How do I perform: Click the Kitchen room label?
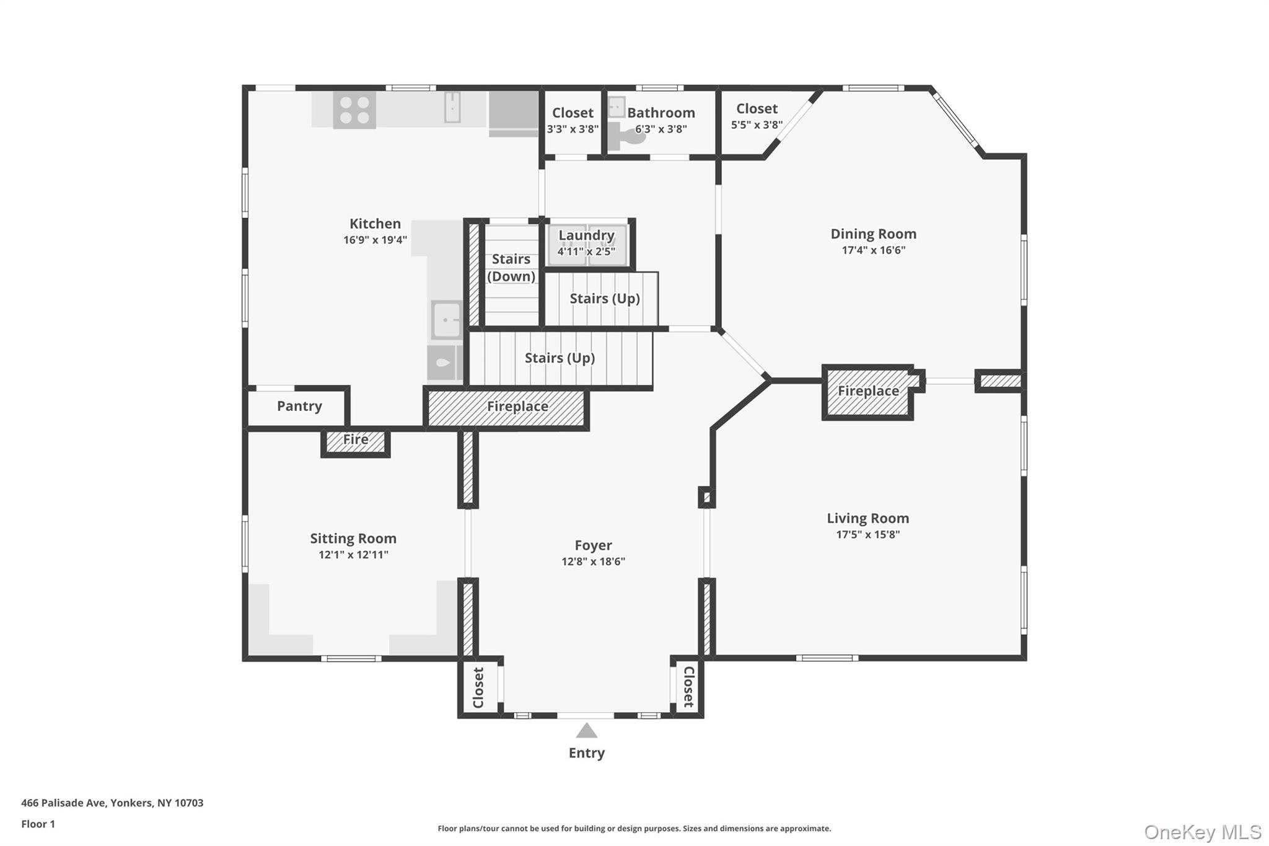pyautogui.click(x=375, y=224)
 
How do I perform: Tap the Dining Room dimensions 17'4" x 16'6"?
pyautogui.click(x=873, y=250)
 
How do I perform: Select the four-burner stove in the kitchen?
pyautogui.click(x=354, y=110)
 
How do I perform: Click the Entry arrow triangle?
pyautogui.click(x=586, y=731)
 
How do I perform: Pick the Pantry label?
pyautogui.click(x=299, y=406)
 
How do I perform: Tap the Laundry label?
pyautogui.click(x=586, y=236)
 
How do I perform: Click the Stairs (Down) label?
pyautogui.click(x=511, y=268)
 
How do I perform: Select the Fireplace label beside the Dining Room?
pyautogui.click(x=868, y=391)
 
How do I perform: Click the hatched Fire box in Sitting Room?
pyautogui.click(x=356, y=443)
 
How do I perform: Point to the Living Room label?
pyautogui.click(x=867, y=518)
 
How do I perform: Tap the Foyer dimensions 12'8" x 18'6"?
pyautogui.click(x=593, y=562)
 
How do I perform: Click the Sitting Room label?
pyautogui.click(x=353, y=539)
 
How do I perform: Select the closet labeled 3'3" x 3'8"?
pyautogui.click(x=573, y=121)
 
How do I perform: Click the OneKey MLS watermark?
pyautogui.click(x=1203, y=832)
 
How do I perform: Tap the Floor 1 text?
pyautogui.click(x=38, y=824)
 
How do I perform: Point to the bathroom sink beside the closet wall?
pyautogui.click(x=616, y=107)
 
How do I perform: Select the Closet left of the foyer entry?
pyautogui.click(x=478, y=687)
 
